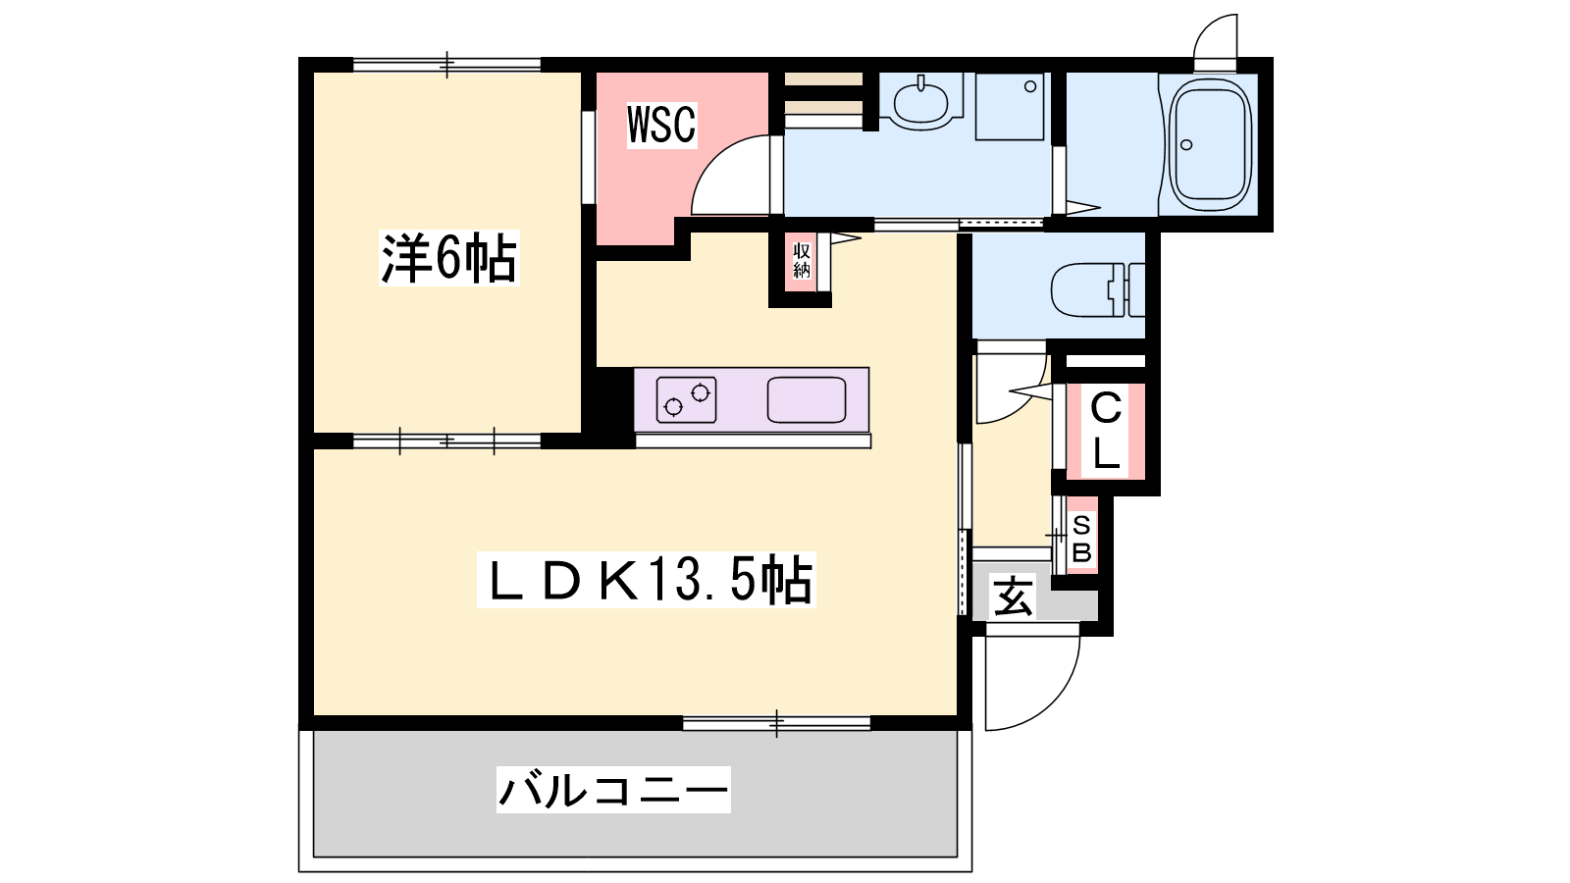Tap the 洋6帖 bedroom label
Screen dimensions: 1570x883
pos(448,257)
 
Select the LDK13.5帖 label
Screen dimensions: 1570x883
pos(647,580)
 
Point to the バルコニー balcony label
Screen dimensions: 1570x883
pos(613,790)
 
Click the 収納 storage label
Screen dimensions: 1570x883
pos(801,260)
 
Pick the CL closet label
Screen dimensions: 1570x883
pos(1105,431)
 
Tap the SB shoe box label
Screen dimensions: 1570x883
pos(1081,538)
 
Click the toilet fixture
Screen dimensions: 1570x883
pos(1098,289)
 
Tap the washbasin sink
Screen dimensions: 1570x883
pos(921,102)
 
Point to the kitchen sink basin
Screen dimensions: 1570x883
pos(806,399)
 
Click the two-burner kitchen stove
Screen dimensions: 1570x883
pos(686,399)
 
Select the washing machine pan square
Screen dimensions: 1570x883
pos(1010,107)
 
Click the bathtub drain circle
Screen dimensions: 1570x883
pos(1186,144)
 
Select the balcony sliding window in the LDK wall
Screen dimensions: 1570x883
pos(776,723)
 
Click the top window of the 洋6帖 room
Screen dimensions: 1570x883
pos(447,65)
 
